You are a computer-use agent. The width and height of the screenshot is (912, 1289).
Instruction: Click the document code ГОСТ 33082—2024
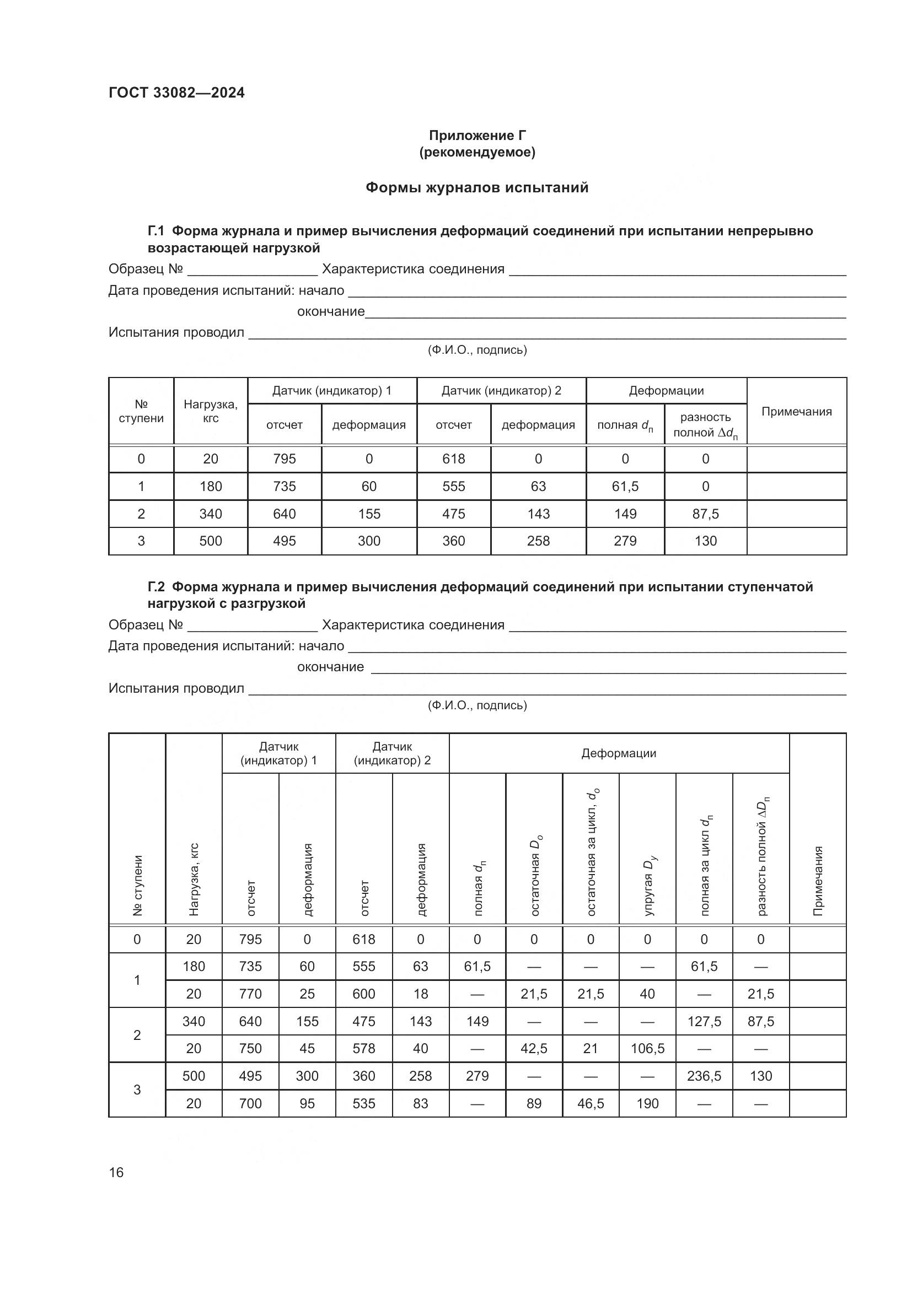point(176,93)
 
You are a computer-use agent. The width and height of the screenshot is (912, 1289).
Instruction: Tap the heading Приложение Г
point(478,136)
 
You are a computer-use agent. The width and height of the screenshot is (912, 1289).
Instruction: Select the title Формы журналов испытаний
point(477,187)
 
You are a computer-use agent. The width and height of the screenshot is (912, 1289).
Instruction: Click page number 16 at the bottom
point(116,1172)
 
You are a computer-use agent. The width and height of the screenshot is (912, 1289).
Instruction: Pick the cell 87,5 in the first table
point(705,514)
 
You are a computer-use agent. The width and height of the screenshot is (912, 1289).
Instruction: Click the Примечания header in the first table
point(796,412)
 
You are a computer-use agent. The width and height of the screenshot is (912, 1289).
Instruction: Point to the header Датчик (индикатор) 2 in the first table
point(501,391)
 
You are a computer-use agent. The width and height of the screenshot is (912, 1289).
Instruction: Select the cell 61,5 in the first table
point(625,486)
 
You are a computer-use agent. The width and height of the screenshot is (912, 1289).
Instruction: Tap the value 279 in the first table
point(625,541)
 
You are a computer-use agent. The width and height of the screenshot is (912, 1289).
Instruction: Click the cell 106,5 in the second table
point(647,1049)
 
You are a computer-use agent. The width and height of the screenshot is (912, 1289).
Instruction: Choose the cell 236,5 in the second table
point(704,1076)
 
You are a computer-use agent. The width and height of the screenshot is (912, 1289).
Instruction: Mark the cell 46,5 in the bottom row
point(590,1103)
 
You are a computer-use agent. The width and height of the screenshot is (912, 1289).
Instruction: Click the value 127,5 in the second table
point(704,1021)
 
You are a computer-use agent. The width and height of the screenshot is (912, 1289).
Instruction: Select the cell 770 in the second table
point(250,994)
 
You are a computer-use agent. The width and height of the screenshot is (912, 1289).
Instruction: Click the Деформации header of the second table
point(618,753)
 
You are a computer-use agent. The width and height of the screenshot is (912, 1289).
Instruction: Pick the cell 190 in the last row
point(647,1103)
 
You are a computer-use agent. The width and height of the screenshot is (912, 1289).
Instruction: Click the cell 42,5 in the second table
point(534,1049)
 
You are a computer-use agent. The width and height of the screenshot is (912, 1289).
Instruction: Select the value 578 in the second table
point(363,1049)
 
